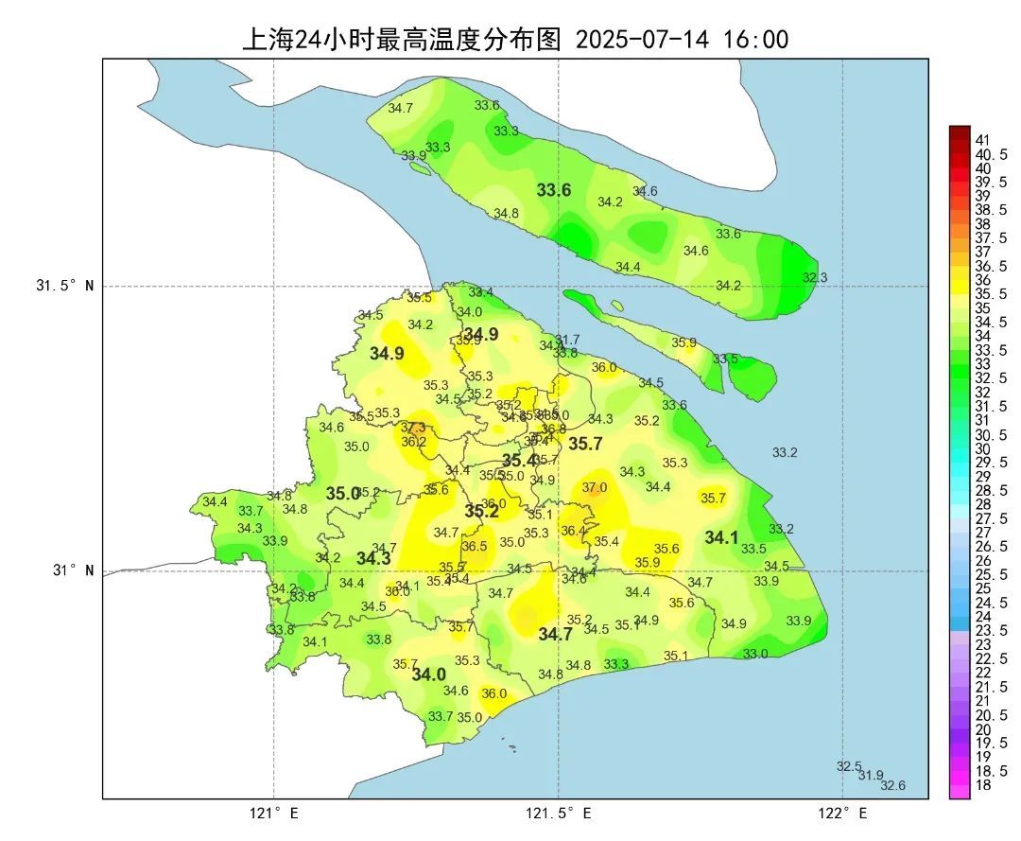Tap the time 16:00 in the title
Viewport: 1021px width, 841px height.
pos(755,40)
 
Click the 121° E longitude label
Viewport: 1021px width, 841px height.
pos(274,814)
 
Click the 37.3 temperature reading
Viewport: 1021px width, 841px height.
pos(413,428)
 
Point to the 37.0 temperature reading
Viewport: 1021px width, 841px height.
pos(595,487)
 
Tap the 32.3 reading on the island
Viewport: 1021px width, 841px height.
pos(815,277)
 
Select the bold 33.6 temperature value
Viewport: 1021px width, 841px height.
pos(554,190)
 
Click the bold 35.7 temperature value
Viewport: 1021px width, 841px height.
pos(585,444)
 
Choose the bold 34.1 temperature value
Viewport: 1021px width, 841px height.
pos(721,537)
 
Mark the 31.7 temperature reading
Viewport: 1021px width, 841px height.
pos(567,340)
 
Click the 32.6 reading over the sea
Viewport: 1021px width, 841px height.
pos(893,785)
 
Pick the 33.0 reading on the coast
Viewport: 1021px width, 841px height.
pos(755,654)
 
